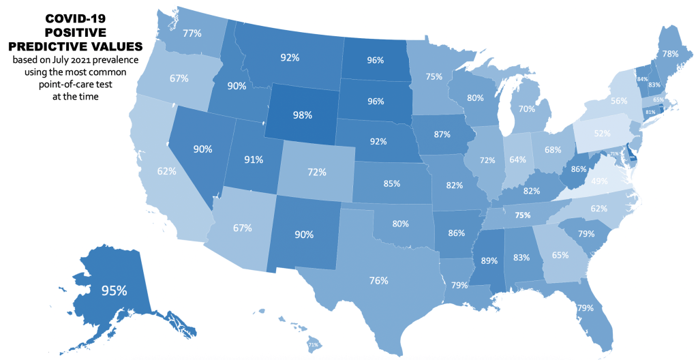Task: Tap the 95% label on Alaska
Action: point(114,290)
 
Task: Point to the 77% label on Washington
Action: point(192,33)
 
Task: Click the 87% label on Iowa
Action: point(442,134)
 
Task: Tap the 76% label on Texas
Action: point(379,280)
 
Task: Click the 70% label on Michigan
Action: point(526,108)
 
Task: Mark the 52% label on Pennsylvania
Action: point(602,134)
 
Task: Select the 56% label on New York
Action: point(619,100)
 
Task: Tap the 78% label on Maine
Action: point(670,53)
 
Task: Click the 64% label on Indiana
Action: point(518,160)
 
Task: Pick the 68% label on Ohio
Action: point(553,149)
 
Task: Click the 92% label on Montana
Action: point(290,58)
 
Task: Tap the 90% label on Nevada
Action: point(202,149)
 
